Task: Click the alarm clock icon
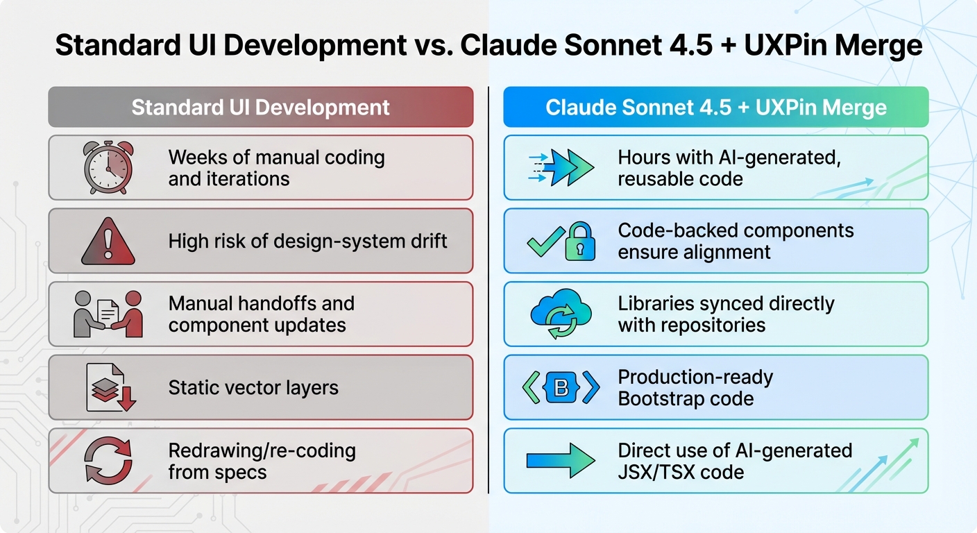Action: pos(108,167)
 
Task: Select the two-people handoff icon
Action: pos(108,314)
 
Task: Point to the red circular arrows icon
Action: pos(108,460)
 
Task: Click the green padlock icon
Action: pos(579,241)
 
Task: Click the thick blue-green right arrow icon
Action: pos(561,460)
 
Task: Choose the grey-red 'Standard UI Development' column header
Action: pos(260,107)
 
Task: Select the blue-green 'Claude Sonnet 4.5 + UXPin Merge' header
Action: pos(715,107)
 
